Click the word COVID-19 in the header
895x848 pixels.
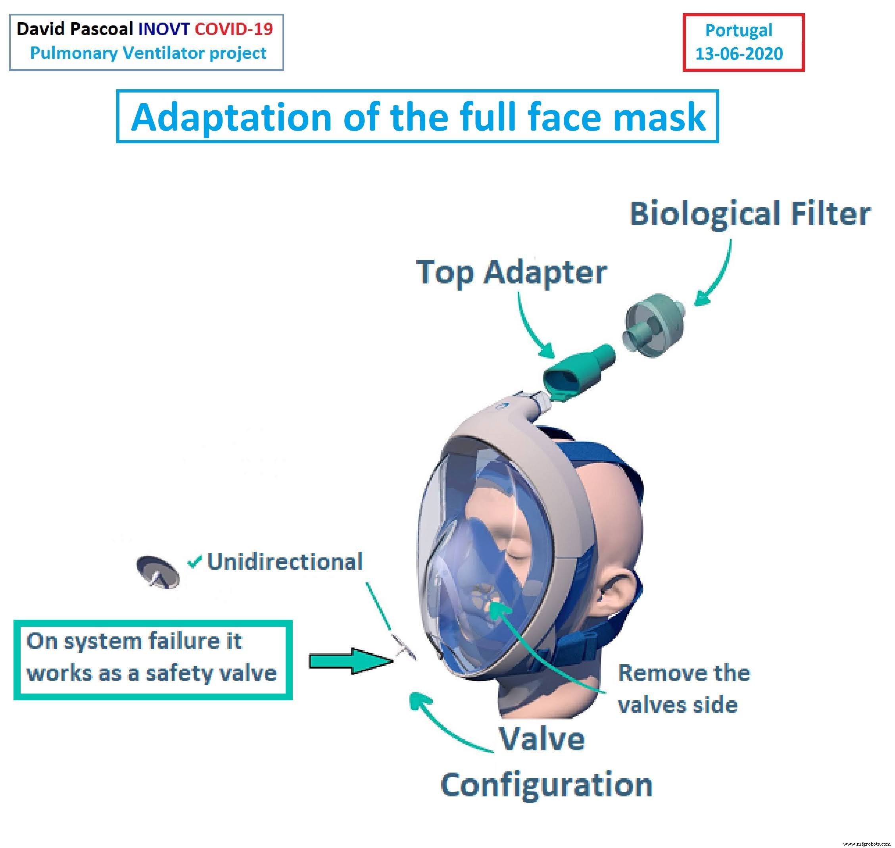(234, 29)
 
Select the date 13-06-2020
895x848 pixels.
(739, 54)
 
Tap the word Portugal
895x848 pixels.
(739, 30)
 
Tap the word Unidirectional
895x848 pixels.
(284, 562)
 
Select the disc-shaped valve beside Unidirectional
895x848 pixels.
(157, 572)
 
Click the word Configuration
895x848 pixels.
(546, 785)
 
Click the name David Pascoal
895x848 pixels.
(75, 29)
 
